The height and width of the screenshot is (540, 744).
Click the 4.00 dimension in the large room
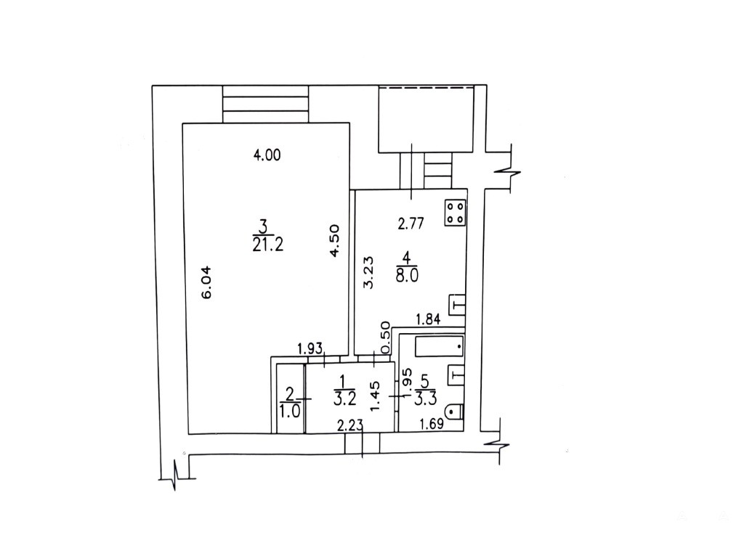pyautogui.click(x=267, y=155)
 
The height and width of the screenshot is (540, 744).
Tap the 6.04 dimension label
pyautogui.click(x=207, y=282)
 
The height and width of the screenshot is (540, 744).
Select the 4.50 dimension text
pyautogui.click(x=334, y=241)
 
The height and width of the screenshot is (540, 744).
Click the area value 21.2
pyautogui.click(x=268, y=245)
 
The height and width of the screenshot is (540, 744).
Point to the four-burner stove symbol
pyautogui.click(x=456, y=213)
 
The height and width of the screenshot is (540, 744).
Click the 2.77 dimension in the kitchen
pyautogui.click(x=411, y=224)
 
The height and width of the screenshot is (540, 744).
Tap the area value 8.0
pyautogui.click(x=407, y=276)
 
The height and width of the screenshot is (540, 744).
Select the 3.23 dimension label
pyautogui.click(x=368, y=272)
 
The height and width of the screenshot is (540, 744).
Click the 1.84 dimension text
pyautogui.click(x=428, y=319)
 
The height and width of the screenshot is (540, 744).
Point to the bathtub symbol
pyautogui.click(x=439, y=346)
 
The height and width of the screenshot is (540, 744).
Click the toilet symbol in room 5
pyautogui.click(x=455, y=411)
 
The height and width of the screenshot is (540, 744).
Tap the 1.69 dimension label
pyautogui.click(x=431, y=423)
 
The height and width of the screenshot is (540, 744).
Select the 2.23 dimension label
pyautogui.click(x=350, y=425)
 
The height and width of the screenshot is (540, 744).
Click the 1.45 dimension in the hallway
pyautogui.click(x=374, y=396)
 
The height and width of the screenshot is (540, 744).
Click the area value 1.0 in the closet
pyautogui.click(x=290, y=411)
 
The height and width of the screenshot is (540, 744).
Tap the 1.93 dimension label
pyautogui.click(x=310, y=349)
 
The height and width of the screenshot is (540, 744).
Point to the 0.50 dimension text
pyautogui.click(x=385, y=337)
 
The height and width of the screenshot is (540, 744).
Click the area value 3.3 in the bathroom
pyautogui.click(x=425, y=398)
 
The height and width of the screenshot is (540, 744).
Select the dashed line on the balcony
pyautogui.click(x=426, y=88)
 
